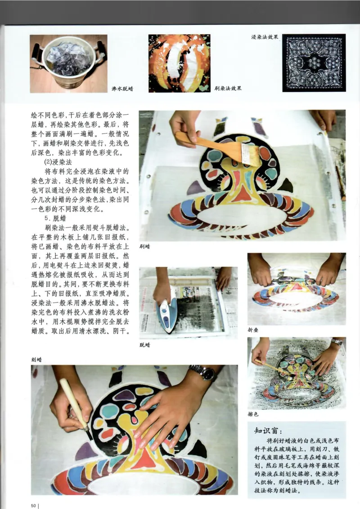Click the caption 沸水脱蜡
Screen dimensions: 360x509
[122, 89]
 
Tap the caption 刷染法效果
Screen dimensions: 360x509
[228, 88]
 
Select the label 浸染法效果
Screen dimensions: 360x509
[265, 37]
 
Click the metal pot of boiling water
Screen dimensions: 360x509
[68, 64]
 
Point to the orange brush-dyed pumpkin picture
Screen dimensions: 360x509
[180, 63]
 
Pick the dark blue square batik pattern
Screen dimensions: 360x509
[314, 63]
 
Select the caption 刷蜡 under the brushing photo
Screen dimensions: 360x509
[144, 247]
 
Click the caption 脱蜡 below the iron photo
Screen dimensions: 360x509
[144, 345]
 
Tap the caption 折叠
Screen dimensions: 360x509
[253, 330]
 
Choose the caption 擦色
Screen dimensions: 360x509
[253, 414]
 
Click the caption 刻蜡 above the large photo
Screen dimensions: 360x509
[36, 360]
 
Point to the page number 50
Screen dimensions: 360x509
[33, 505]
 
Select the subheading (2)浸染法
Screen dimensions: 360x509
[58, 162]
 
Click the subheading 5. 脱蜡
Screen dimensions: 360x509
[55, 218]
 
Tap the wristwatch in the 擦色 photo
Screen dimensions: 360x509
[337, 341]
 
